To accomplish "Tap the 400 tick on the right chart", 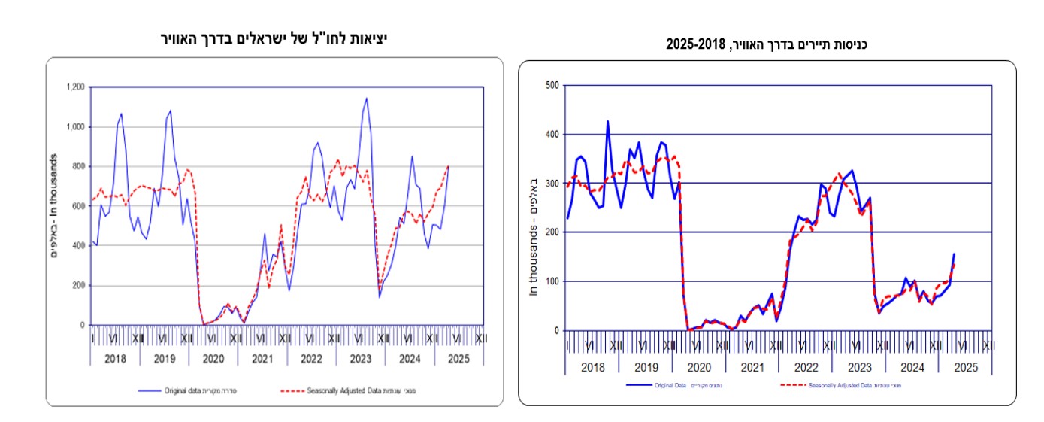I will click(x=552, y=135).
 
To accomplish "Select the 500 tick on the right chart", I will click(x=552, y=85).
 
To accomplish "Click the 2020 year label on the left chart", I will click(x=213, y=359).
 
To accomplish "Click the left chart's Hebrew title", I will click(x=277, y=37).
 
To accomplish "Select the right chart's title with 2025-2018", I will click(x=767, y=46).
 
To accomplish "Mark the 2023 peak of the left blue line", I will click(x=366, y=98).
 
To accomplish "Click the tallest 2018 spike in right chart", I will click(x=607, y=121).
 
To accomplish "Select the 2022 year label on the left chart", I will click(x=312, y=359).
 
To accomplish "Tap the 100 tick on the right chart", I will click(x=552, y=281).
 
